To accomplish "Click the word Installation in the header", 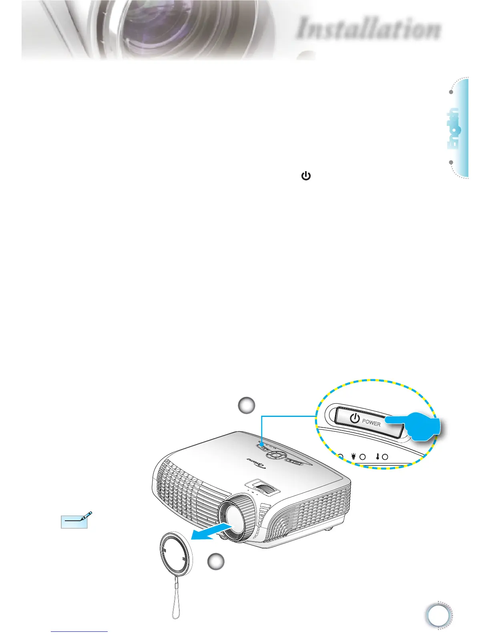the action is click(369, 29).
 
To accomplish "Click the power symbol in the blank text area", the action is click(306, 176).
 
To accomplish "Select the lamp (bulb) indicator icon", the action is click(353, 456).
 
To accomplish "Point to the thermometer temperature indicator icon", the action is click(378, 456).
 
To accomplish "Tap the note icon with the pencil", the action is click(76, 520).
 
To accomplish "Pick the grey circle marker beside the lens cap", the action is click(216, 562).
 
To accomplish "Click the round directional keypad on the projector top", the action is click(275, 455).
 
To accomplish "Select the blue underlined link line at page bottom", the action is click(79, 631).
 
